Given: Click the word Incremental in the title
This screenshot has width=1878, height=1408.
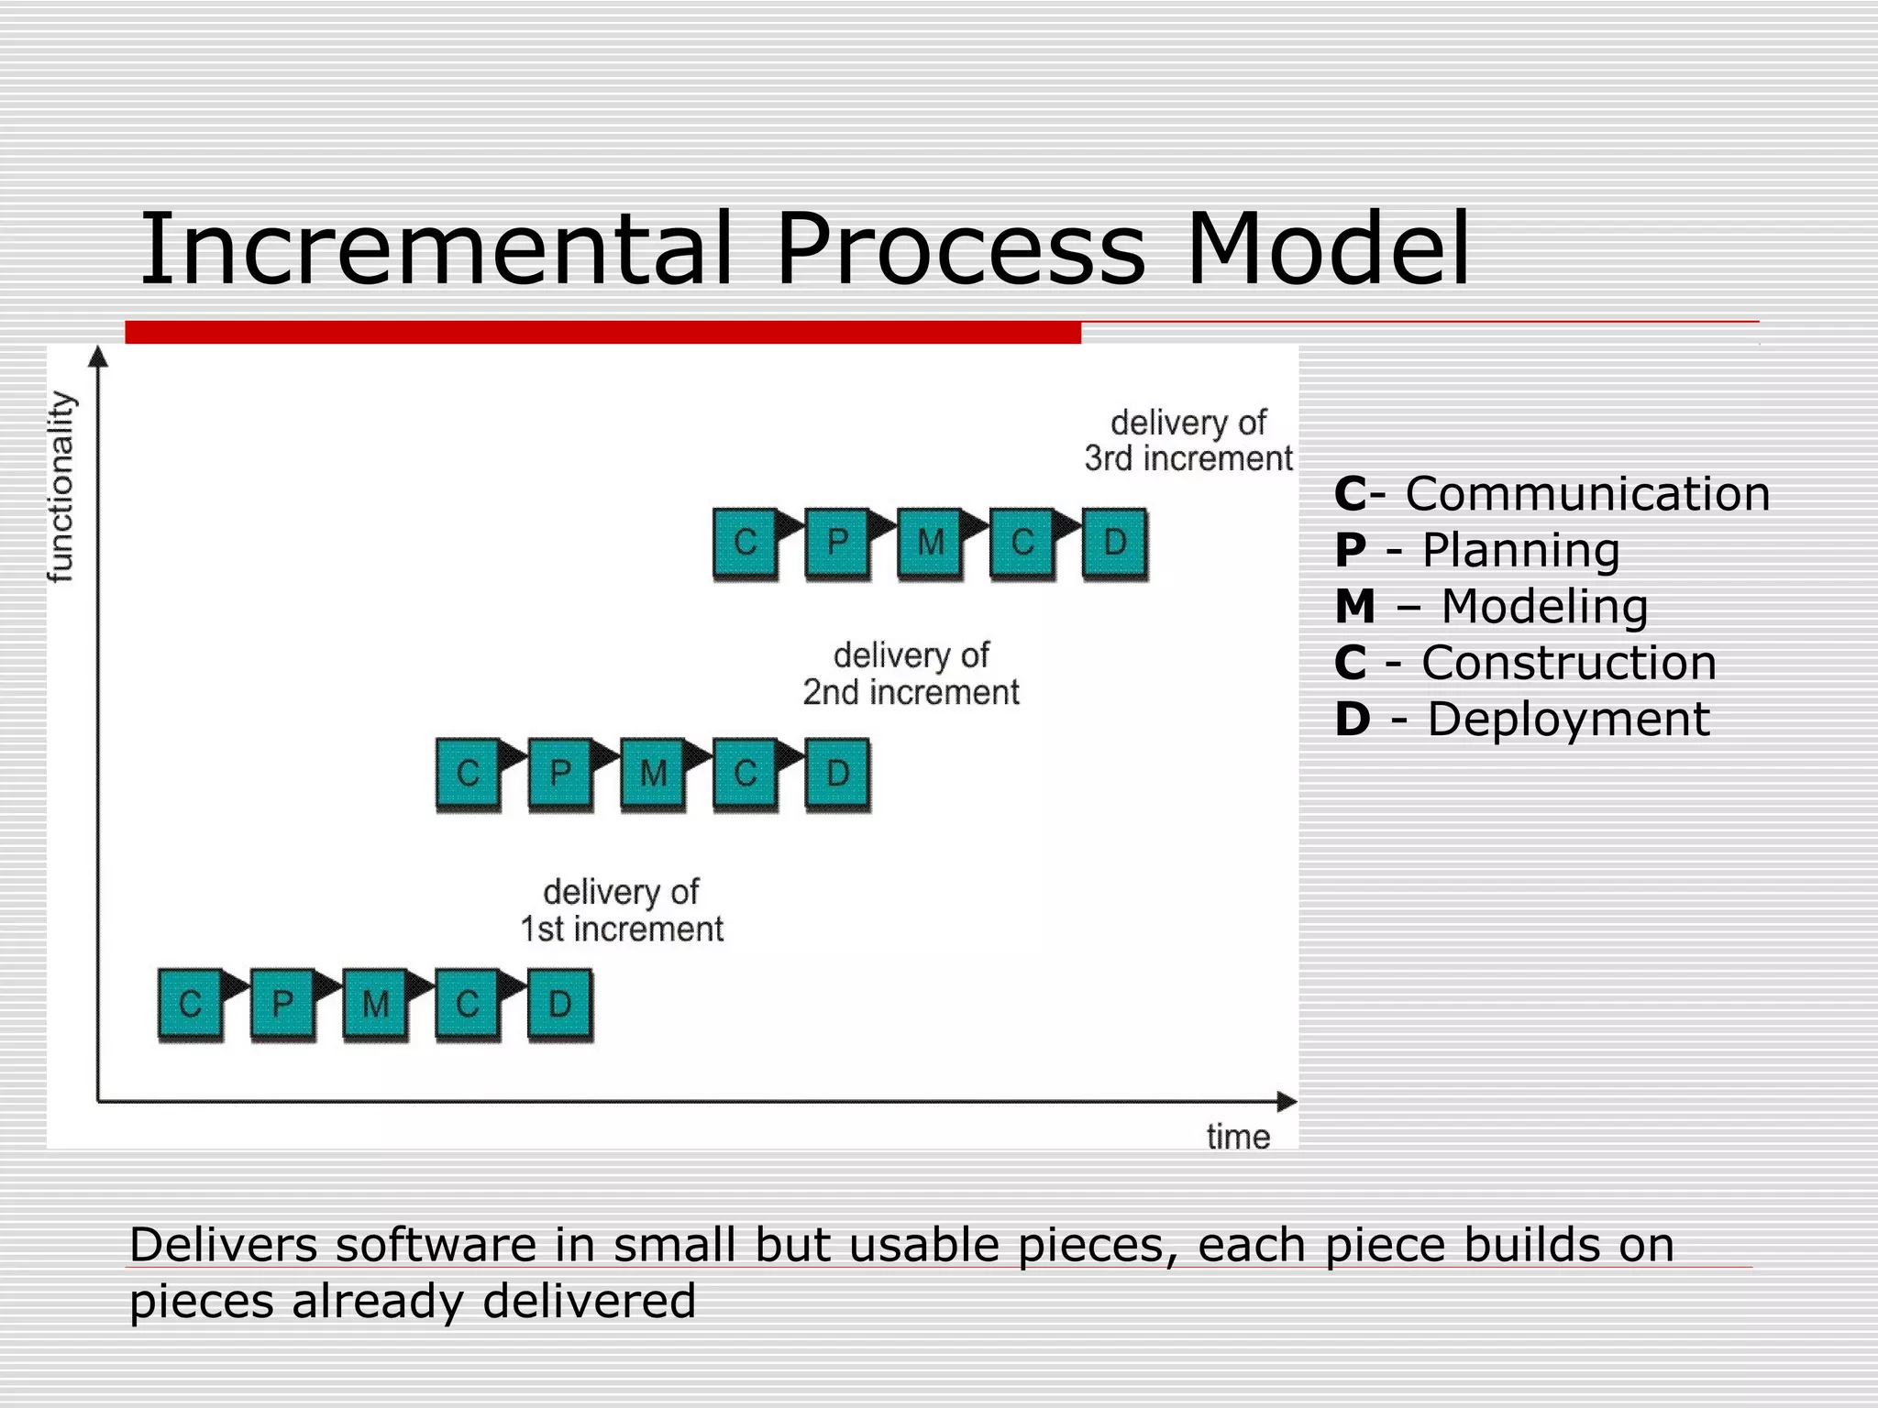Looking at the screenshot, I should [436, 249].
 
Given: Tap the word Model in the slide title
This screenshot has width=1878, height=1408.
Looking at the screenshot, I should [1328, 249].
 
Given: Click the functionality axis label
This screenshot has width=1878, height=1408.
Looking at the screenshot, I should [61, 487].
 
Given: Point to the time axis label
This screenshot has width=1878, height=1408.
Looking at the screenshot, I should [1238, 1138].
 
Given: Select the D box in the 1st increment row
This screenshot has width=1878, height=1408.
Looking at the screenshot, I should [559, 1004].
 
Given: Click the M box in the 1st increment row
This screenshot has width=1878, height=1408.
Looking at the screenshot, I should [375, 1004].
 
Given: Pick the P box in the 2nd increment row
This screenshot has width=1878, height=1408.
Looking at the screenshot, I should [560, 774].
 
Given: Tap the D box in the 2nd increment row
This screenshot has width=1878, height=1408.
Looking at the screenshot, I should [837, 774].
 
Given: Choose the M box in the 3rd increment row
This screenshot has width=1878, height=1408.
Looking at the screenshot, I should [930, 543].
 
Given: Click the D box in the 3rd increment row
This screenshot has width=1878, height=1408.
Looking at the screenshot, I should [1114, 543].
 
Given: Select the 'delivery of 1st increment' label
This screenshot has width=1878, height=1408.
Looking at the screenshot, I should [622, 910].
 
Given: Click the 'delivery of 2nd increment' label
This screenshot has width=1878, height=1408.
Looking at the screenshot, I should [911, 674].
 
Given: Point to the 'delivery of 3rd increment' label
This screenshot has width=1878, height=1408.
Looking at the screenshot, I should [1188, 441].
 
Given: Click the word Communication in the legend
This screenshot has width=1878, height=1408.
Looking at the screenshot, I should [1587, 494].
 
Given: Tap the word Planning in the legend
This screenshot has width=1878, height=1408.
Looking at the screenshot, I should [1520, 551].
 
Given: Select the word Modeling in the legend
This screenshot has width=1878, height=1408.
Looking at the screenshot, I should [1544, 607].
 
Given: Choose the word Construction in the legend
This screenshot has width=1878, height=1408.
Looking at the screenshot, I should [1569, 663].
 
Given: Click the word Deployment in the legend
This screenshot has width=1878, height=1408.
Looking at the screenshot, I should [1568, 720].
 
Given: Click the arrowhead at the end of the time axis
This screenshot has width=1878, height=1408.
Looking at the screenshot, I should [1287, 1102].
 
